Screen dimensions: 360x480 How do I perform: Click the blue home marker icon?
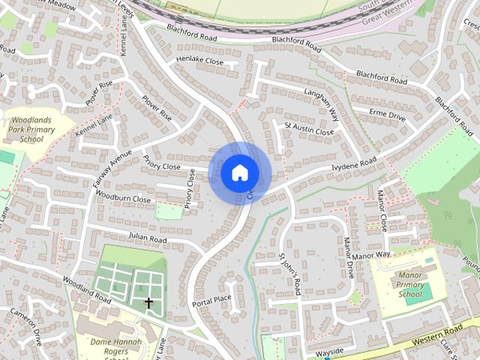click(x=239, y=172)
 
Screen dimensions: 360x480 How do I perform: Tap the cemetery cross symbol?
click(x=148, y=303)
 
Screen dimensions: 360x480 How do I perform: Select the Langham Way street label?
click(x=321, y=101)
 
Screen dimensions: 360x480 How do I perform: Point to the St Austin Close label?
click(x=308, y=129)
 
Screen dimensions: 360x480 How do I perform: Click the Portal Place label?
click(x=211, y=300)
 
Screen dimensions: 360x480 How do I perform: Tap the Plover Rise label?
click(x=155, y=108)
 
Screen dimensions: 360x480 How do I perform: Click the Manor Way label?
click(x=371, y=256)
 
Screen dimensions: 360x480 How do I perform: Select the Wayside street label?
click(x=330, y=351)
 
